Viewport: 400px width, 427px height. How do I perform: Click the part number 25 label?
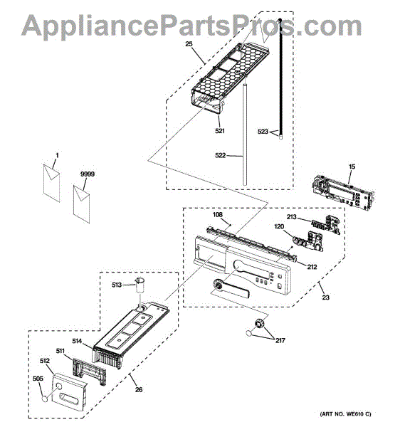[x=189, y=44]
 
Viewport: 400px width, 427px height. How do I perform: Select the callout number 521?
[x=220, y=131]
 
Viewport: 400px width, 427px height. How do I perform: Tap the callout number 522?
[x=221, y=155]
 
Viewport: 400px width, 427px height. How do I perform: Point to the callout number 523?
[x=263, y=132]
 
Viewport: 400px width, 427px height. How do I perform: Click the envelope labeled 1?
[x=51, y=183]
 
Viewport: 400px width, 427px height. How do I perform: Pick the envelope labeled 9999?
[x=81, y=204]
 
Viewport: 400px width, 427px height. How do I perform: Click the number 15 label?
[x=352, y=167]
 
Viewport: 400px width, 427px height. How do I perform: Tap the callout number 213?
[x=291, y=217]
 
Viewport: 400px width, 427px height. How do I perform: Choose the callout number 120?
[x=279, y=226]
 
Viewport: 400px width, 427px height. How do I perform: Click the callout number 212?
[x=312, y=267]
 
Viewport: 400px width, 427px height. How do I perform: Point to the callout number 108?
[x=217, y=215]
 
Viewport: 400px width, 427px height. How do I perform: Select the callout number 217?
[x=280, y=340]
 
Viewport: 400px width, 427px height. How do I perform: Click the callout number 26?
[x=139, y=390]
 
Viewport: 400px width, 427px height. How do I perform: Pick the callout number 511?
[x=60, y=351]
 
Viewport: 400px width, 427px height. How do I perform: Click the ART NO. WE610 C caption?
[x=345, y=414]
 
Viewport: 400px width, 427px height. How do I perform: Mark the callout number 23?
[x=326, y=297]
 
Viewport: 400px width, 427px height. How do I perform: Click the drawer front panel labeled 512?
[x=69, y=392]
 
